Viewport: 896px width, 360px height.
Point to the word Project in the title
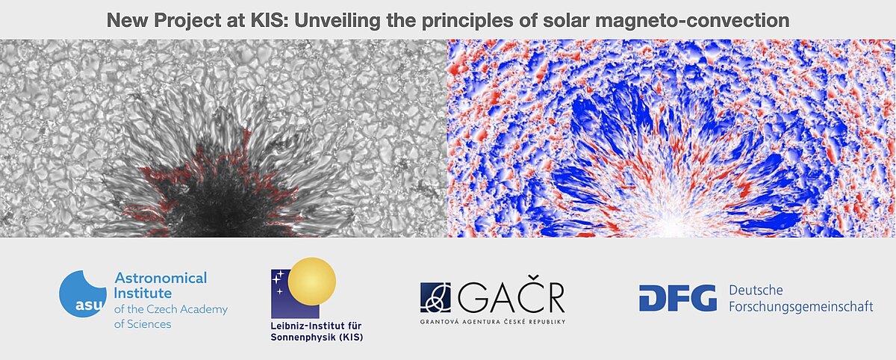pos(185,19)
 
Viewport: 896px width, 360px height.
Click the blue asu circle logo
pos(81,294)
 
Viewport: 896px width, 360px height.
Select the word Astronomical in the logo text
pos(161,278)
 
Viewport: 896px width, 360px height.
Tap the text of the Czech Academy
pos(171,309)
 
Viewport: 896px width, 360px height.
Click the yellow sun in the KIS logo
pos(313,281)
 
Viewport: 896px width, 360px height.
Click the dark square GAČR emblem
pos(435,298)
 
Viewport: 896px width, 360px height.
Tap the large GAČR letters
pos(511,298)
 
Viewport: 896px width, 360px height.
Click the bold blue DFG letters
pos(677,298)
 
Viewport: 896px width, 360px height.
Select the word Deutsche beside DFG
pos(756,290)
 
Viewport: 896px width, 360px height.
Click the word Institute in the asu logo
pos(143,294)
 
